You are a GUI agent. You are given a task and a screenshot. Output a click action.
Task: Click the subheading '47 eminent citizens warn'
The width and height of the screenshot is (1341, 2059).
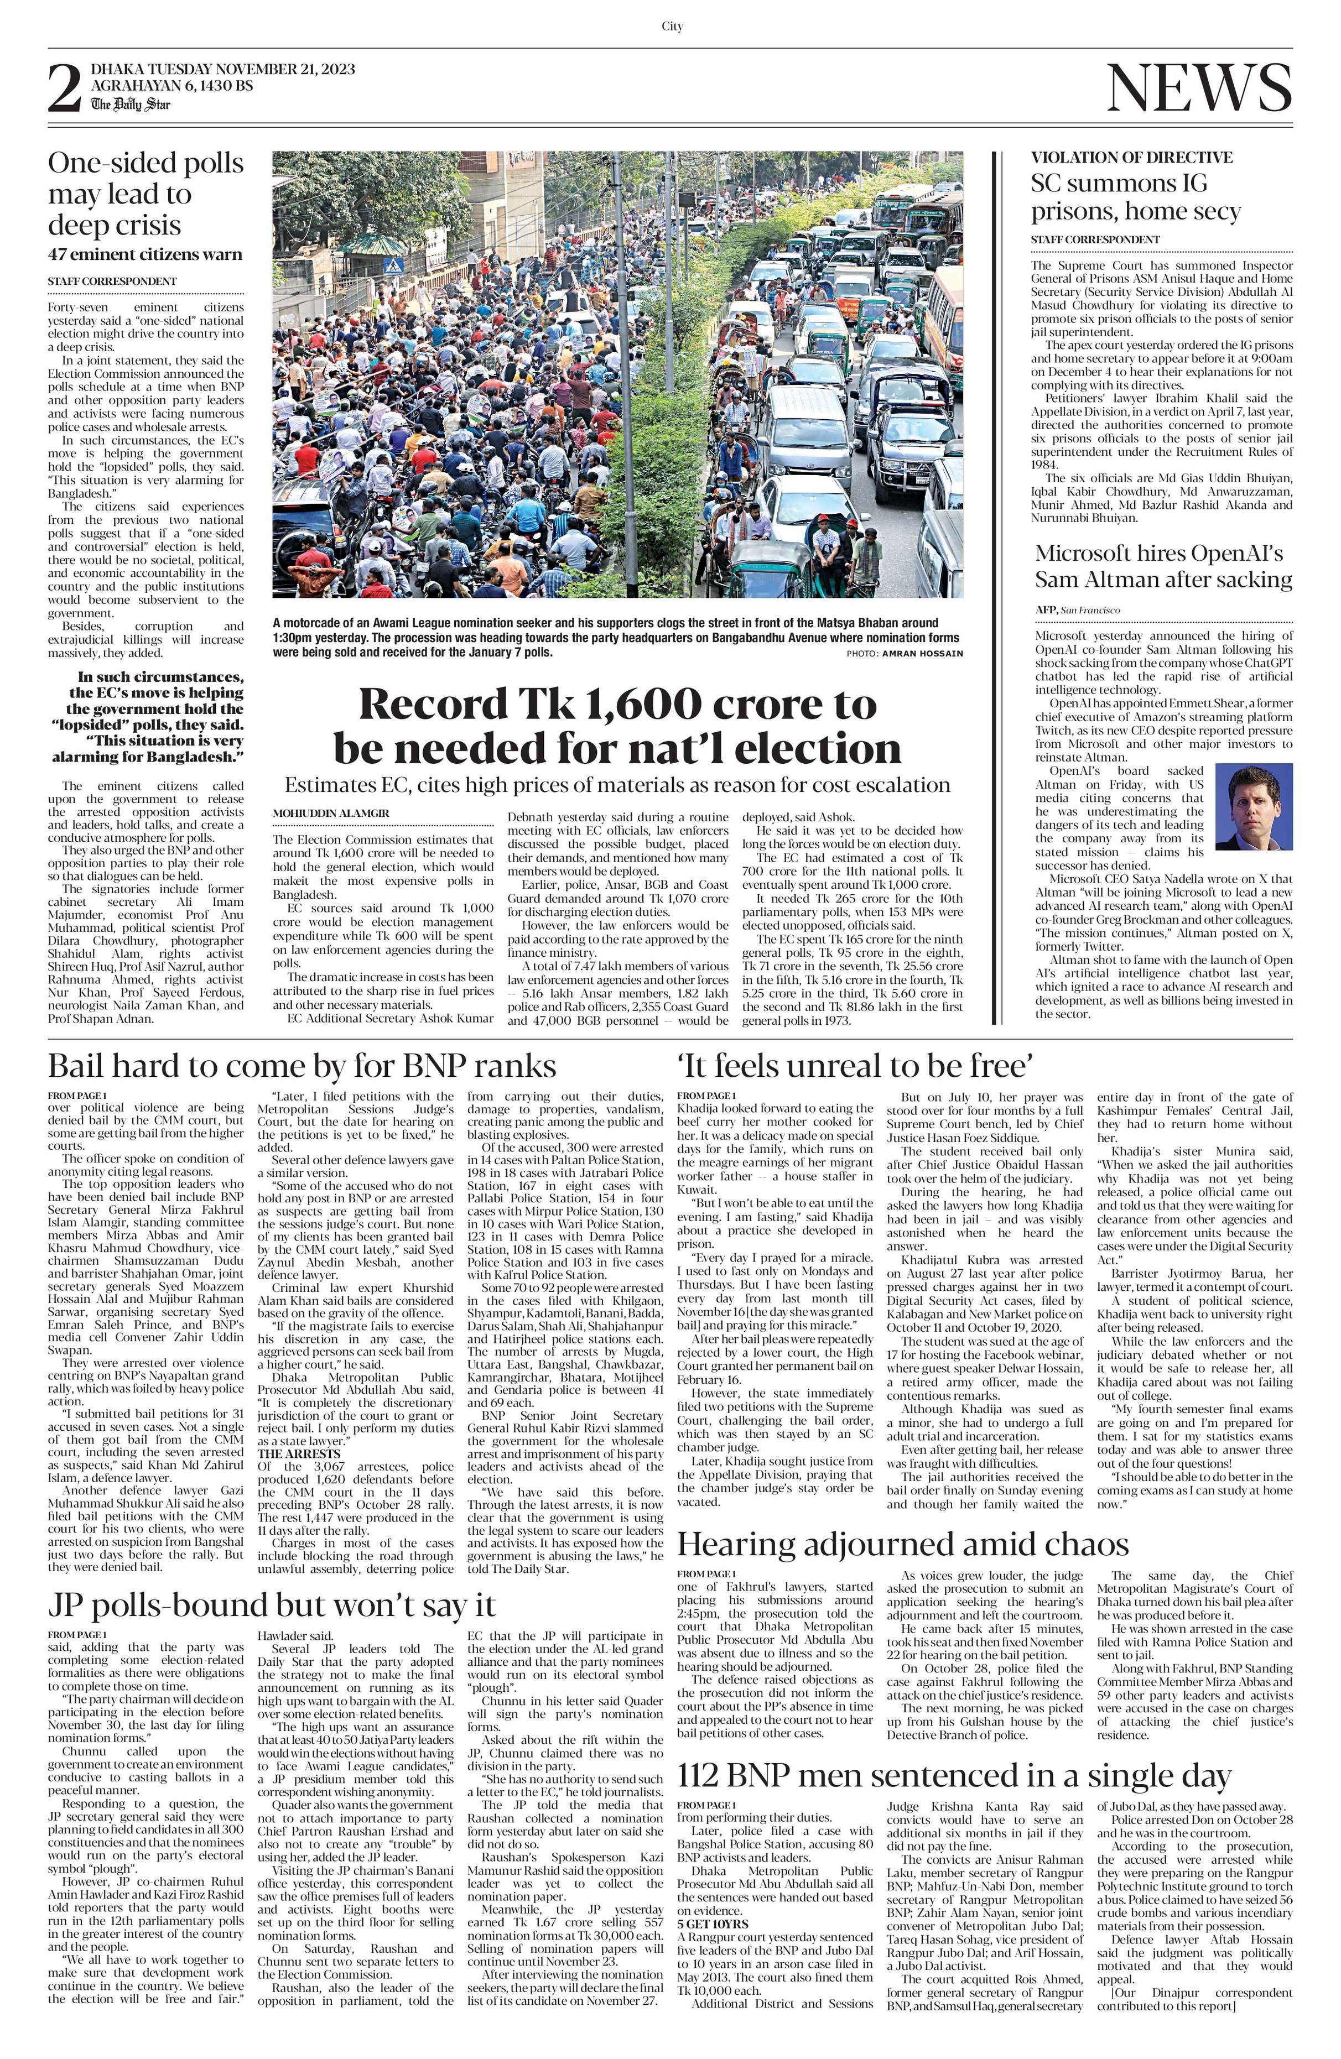(145, 254)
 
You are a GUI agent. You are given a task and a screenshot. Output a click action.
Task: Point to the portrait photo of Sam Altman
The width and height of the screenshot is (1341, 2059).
(1252, 806)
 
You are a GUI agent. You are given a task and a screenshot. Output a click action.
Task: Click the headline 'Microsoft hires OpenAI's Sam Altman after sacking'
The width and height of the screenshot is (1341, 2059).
(1163, 567)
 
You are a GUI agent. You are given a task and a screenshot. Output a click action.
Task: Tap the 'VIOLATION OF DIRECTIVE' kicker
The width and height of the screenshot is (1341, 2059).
(1131, 158)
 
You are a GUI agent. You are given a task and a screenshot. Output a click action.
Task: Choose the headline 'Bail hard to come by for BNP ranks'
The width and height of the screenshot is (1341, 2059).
(302, 1065)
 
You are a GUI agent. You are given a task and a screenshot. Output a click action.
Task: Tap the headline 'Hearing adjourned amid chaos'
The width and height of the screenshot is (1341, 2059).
(902, 1544)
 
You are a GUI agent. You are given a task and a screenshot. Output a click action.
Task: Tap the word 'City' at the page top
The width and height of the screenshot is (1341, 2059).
(672, 27)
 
